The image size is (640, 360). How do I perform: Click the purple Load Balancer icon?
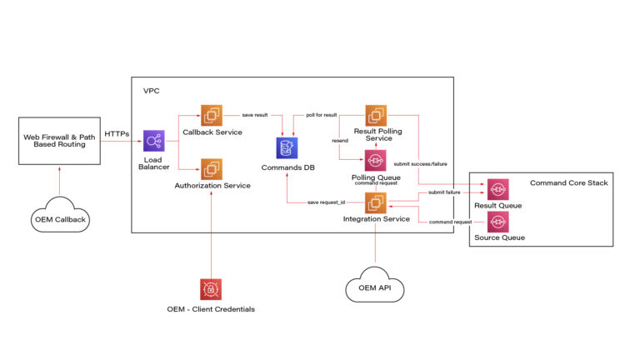pyautogui.click(x=153, y=142)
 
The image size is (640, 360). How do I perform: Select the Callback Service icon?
pyautogui.click(x=210, y=116)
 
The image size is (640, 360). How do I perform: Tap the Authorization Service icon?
pyautogui.click(x=210, y=169)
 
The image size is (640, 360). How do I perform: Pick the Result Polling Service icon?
pyautogui.click(x=376, y=116)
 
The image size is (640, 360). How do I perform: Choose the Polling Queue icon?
pyautogui.click(x=376, y=161)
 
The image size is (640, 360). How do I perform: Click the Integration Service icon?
pyautogui.click(x=376, y=202)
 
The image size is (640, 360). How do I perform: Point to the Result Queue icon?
pyautogui.click(x=497, y=190)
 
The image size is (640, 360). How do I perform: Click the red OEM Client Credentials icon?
pyautogui.click(x=210, y=289)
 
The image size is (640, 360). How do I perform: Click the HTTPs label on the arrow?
pyautogui.click(x=117, y=134)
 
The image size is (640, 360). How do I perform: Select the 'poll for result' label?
pyautogui.click(x=321, y=114)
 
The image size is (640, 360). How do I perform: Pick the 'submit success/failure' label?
pyautogui.click(x=419, y=164)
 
